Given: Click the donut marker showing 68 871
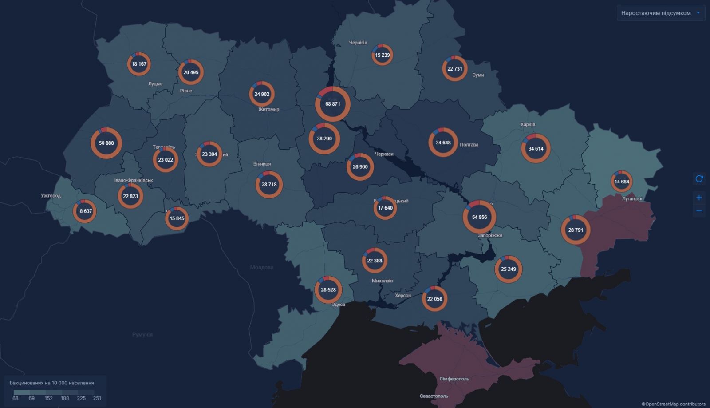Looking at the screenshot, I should click(333, 104).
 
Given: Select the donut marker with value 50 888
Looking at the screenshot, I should click(106, 143).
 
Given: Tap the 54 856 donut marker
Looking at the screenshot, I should click(479, 217).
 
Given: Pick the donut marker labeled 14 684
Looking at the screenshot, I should click(622, 182).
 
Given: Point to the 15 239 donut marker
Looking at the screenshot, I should click(382, 55).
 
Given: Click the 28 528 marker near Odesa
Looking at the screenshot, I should click(328, 289).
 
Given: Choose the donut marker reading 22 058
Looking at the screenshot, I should click(434, 299).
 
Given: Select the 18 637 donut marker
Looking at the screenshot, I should click(84, 211).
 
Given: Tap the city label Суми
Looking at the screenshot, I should click(478, 75).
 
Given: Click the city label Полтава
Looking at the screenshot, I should click(469, 145).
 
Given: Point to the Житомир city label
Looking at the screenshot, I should click(268, 109).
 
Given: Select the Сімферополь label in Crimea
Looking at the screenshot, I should click(454, 379).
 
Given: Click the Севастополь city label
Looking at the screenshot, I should click(434, 396).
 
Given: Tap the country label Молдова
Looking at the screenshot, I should click(261, 267).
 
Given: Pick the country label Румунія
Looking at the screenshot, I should click(142, 334).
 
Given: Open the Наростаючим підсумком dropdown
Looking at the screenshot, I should click(660, 13).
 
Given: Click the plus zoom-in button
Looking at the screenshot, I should click(699, 198).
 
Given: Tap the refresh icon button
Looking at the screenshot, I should click(699, 178).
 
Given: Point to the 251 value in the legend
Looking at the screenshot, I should click(97, 398).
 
